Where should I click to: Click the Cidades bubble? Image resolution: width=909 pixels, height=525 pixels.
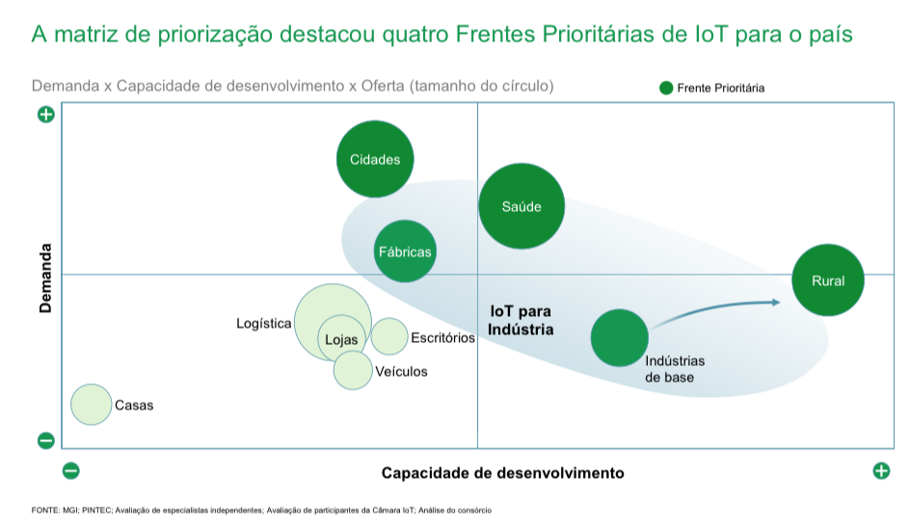coord(375,159)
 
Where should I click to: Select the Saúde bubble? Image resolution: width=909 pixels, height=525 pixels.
coord(521,205)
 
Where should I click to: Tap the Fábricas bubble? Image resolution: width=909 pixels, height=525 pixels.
coord(405,251)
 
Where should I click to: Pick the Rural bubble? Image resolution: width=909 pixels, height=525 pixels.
coord(828,280)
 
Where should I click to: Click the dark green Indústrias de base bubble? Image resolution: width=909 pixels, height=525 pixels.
coord(619,337)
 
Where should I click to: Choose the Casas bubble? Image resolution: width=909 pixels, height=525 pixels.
coord(92,405)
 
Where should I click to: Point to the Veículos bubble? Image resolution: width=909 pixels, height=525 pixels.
coord(353,369)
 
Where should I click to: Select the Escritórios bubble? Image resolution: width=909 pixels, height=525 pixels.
coord(389,336)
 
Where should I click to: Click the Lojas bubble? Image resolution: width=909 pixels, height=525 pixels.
coord(341,339)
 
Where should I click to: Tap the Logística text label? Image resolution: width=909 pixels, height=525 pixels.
coord(263,324)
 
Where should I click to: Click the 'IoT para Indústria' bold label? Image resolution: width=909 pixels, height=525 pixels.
coord(521,321)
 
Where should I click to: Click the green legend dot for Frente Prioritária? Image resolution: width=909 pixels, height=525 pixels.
coord(666,88)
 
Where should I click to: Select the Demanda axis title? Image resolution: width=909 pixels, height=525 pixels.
coord(45,277)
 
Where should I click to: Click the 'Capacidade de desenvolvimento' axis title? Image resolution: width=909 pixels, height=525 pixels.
coord(502,473)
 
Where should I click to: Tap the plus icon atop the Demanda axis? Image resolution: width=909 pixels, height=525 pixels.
coord(45,115)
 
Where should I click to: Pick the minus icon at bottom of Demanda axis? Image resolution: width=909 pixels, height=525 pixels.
coord(45,441)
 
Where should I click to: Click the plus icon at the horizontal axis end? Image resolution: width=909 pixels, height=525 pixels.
coord(880,471)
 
